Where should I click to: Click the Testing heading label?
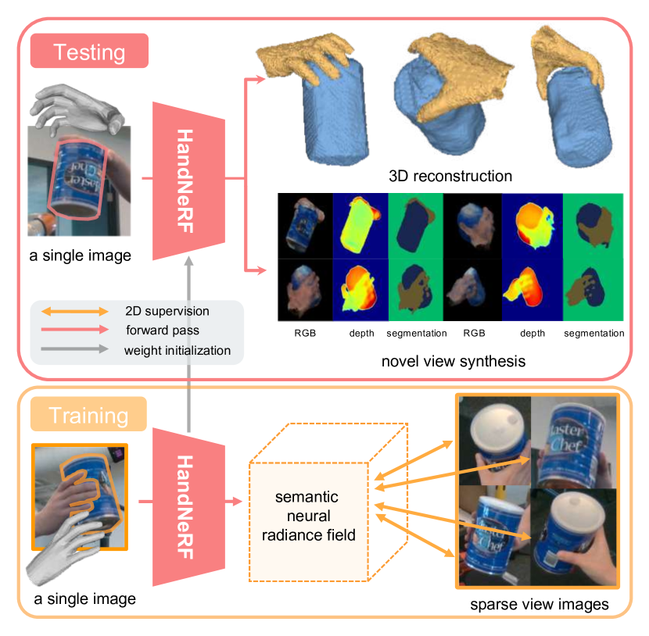(x=88, y=53)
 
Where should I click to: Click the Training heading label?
(x=88, y=415)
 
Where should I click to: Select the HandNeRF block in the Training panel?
(x=188, y=506)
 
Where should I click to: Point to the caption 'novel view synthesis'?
(x=453, y=362)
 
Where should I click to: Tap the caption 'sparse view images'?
(x=540, y=605)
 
